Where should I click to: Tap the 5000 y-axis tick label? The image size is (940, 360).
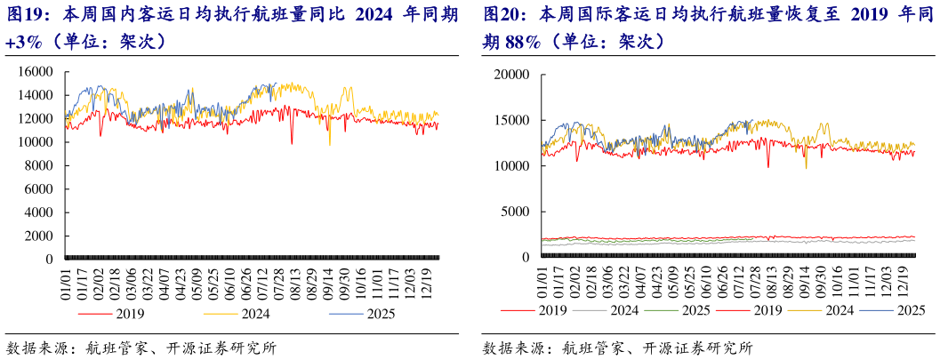coord(519,212)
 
